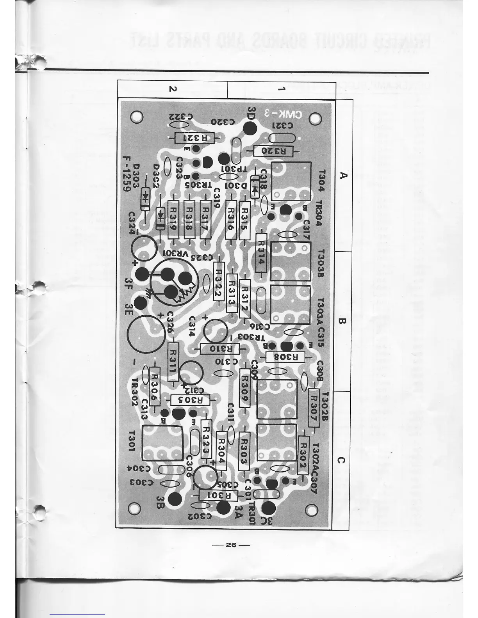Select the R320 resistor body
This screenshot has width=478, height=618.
(275, 151)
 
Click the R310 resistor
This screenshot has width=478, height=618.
(216, 349)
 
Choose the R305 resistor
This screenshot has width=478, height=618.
(191, 400)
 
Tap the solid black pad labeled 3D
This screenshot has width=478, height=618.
(250, 128)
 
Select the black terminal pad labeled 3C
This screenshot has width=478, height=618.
(268, 508)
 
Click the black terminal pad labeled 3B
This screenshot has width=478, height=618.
(174, 499)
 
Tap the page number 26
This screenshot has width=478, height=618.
(231, 545)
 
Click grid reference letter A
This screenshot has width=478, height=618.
(343, 175)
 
